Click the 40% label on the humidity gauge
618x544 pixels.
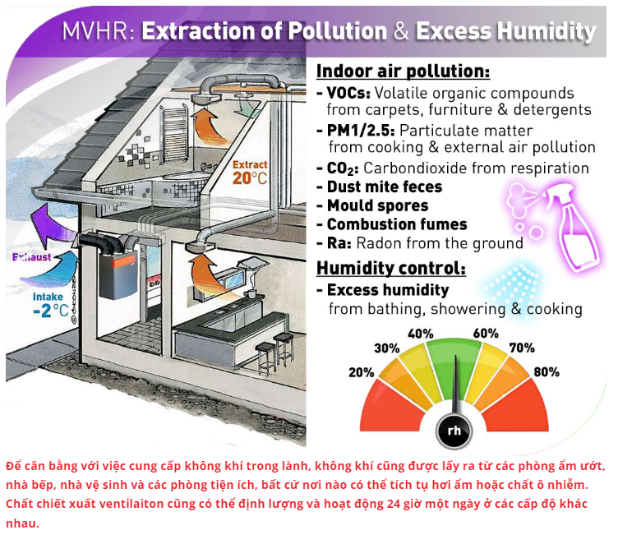pyautogui.click(x=421, y=334)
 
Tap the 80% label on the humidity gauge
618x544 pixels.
pyautogui.click(x=547, y=371)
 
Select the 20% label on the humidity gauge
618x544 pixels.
pyautogui.click(x=361, y=372)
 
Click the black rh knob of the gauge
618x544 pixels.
pyautogui.click(x=454, y=430)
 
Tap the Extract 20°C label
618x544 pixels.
pyautogui.click(x=250, y=173)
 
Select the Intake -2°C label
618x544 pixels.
pyautogui.click(x=50, y=305)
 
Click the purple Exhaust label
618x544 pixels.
pyautogui.click(x=31, y=257)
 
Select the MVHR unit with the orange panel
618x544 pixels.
pyautogui.click(x=118, y=274)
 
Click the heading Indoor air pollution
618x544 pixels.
pyautogui.click(x=403, y=71)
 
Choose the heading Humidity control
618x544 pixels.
pyautogui.click(x=391, y=268)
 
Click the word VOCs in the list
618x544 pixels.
pyautogui.click(x=348, y=93)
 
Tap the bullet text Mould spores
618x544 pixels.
pyautogui.click(x=377, y=205)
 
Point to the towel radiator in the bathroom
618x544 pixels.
pyautogui.click(x=174, y=134)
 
